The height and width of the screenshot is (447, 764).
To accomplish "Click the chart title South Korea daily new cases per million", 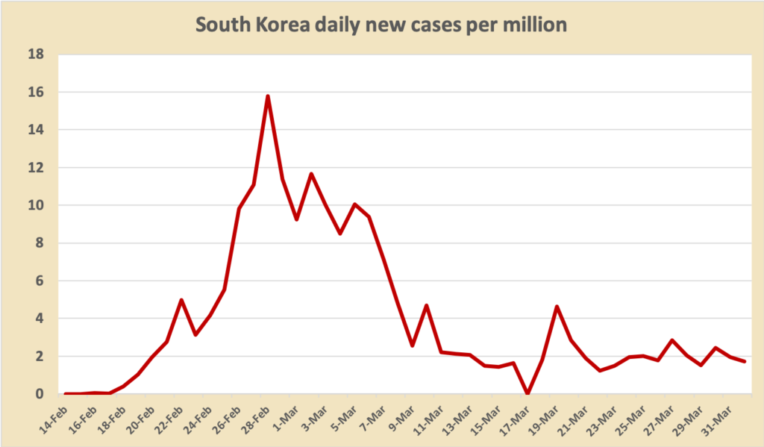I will pos(381,25).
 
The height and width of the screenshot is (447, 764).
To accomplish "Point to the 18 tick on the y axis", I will pos(35,54).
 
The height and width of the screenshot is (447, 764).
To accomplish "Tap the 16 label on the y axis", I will pos(35,93).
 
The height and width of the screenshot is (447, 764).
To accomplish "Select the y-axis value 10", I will pos(35,205).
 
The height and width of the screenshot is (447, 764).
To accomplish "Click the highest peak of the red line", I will pos(267,96).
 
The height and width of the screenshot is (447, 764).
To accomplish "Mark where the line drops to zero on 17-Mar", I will pos(528,393).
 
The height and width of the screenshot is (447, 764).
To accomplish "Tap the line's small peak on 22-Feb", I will pos(181,300).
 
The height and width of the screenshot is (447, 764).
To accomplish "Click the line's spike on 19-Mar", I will pos(557,307).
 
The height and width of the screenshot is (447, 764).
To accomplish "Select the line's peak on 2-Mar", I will pos(311,174).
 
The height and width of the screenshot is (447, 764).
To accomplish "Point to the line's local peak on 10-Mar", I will pos(427,305).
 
